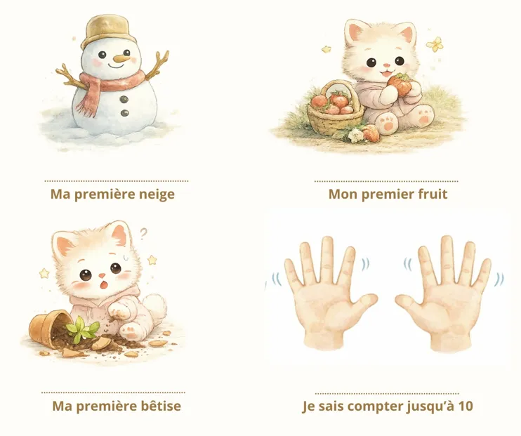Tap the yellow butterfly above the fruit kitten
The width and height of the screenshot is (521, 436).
tap(436, 44)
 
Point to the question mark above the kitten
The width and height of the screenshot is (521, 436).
tap(143, 233)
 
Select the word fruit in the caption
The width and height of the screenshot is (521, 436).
tap(431, 194)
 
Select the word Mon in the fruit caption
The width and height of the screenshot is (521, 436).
tap(342, 194)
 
